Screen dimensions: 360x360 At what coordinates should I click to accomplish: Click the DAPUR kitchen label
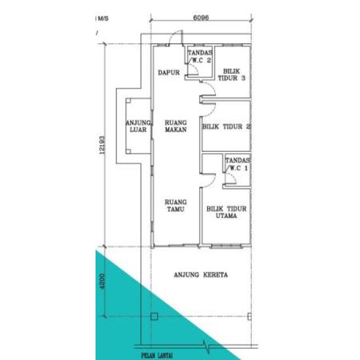(x=169, y=73)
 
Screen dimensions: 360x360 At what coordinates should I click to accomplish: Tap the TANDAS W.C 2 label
(x=200, y=56)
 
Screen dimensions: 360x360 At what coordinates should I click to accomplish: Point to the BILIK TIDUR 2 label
(x=226, y=126)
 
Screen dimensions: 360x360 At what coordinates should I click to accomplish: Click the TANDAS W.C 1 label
(x=237, y=164)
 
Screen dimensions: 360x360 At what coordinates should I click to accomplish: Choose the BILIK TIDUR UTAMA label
(x=226, y=211)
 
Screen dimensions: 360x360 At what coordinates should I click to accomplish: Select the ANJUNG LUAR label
(x=139, y=126)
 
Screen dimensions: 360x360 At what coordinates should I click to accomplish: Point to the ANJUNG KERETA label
(x=200, y=275)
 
